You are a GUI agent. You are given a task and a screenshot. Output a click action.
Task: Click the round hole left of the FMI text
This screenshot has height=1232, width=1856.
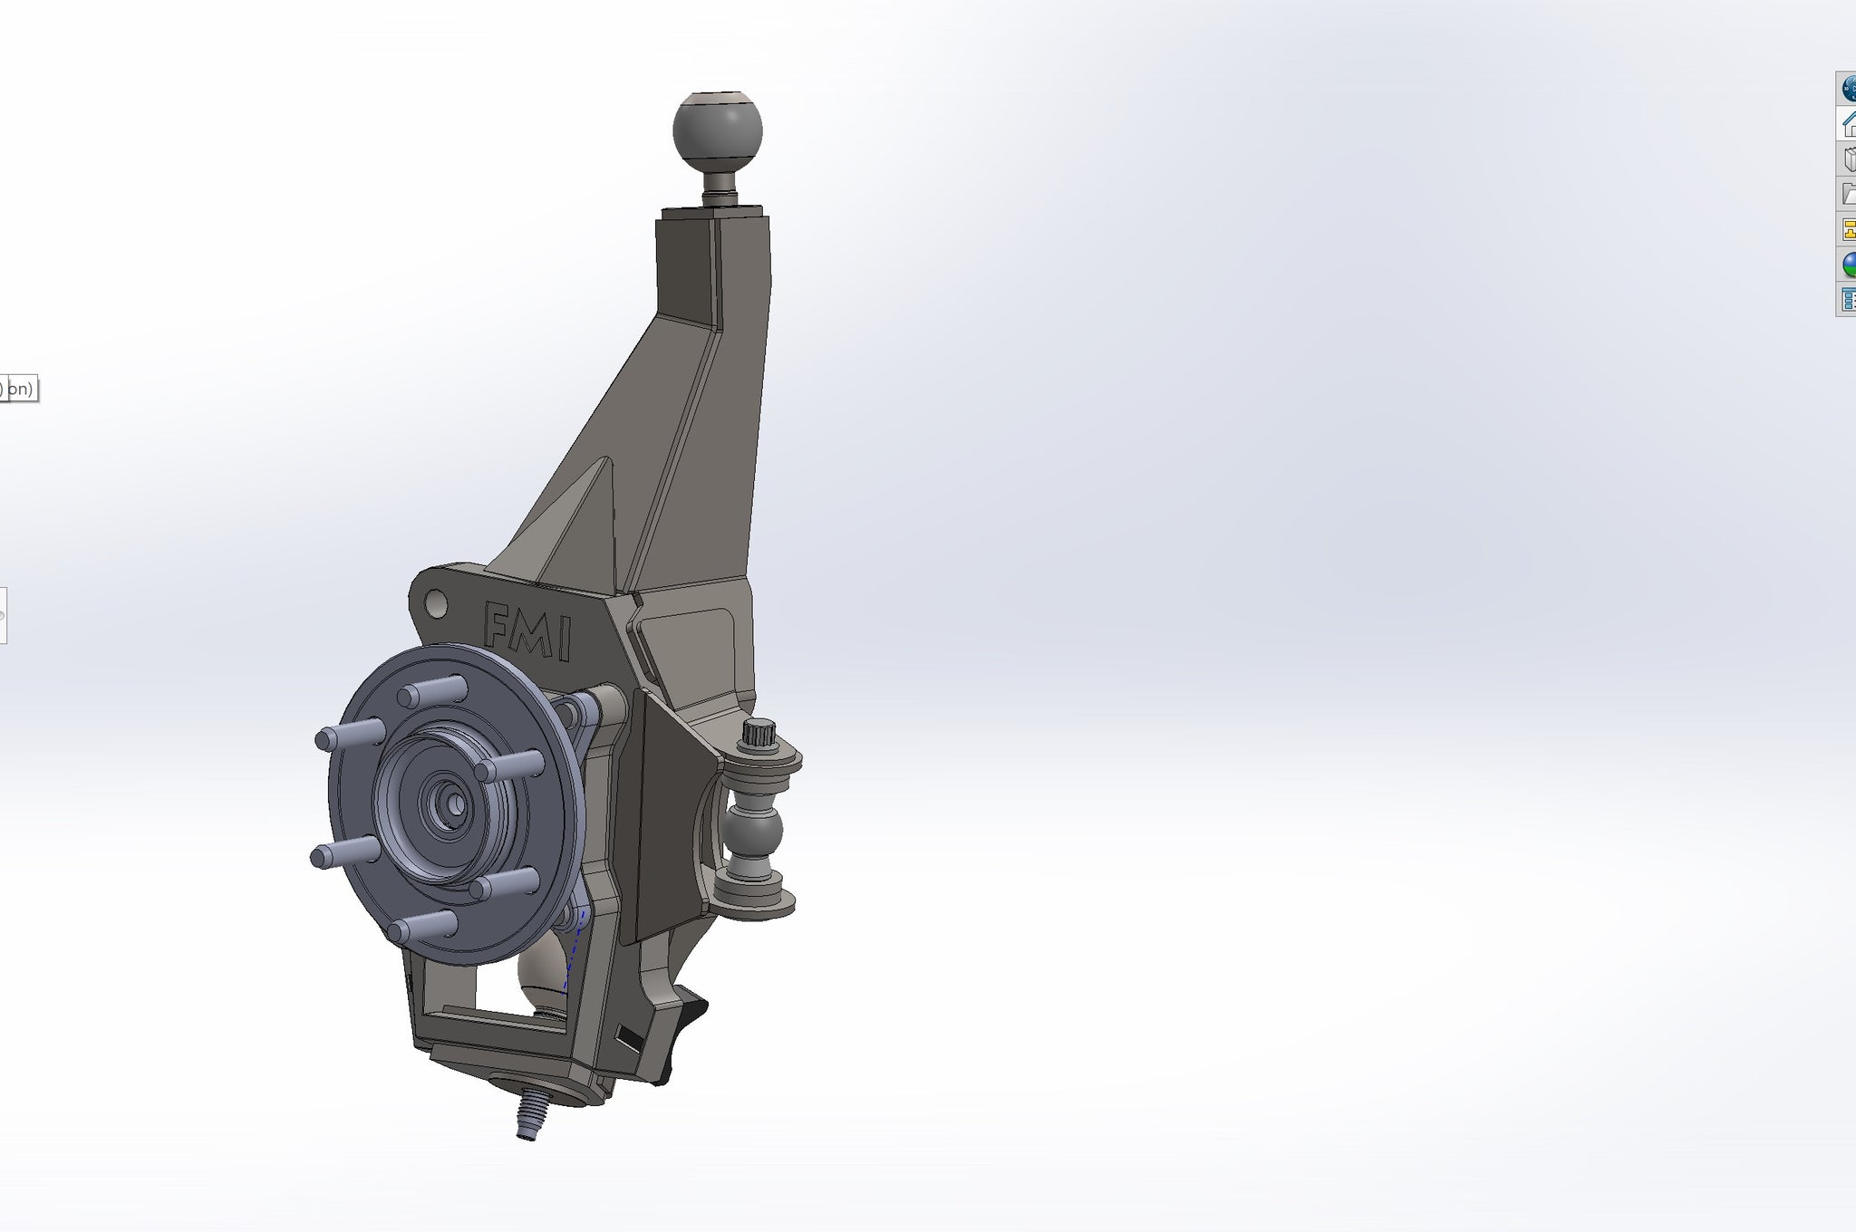point(436,602)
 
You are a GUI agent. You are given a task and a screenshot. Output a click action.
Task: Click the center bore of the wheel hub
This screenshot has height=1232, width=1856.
point(451,802)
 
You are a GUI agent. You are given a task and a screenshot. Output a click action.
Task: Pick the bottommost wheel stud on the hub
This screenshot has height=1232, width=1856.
point(421,927)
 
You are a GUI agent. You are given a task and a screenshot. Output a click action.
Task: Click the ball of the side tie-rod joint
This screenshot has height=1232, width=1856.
point(754,831)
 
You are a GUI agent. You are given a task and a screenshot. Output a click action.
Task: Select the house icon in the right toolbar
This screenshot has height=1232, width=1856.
point(1848,124)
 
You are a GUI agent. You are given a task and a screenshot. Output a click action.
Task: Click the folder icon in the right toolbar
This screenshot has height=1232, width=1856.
point(1848,194)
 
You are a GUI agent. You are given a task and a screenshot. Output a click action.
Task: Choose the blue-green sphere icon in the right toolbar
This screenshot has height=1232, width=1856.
point(1848,264)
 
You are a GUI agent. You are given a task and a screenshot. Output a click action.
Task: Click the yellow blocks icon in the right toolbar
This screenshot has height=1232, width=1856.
point(1848,229)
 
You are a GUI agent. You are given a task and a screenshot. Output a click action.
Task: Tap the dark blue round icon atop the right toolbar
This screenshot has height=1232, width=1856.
point(1848,90)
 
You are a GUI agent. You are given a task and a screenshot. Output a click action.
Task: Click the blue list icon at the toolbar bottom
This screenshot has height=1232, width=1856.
point(1848,298)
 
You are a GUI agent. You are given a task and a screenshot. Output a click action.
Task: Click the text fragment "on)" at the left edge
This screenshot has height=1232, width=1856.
point(20,390)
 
